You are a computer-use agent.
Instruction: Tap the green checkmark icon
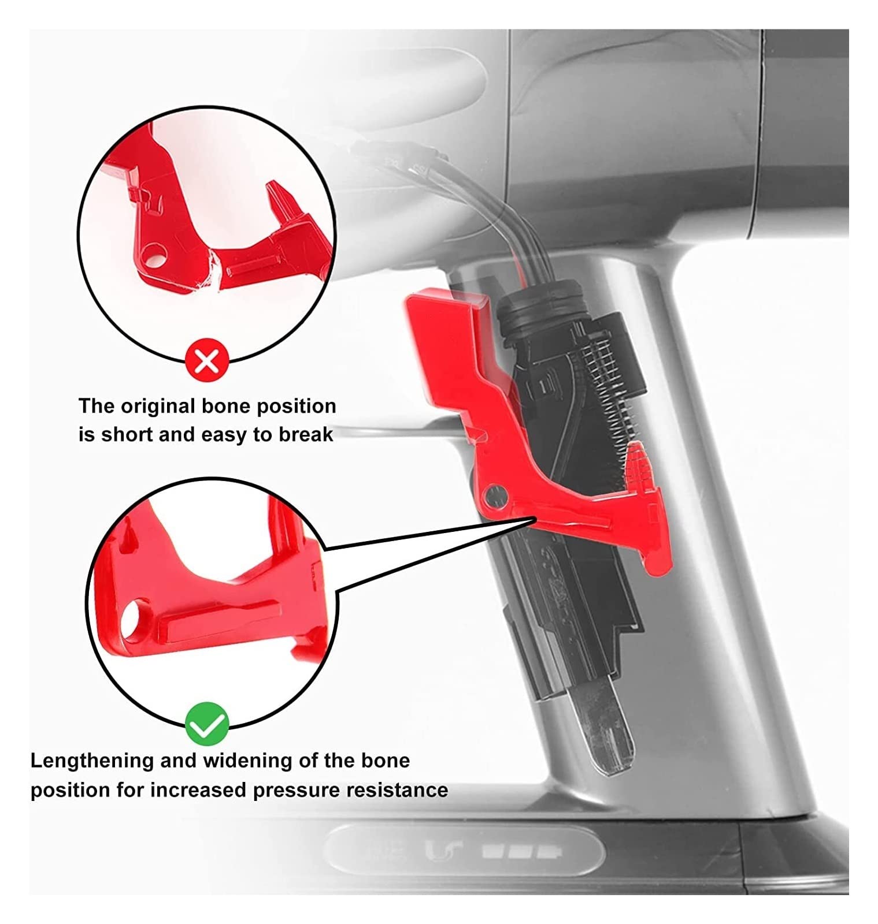coord(207,723)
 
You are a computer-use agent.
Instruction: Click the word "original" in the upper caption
coord(157,406)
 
